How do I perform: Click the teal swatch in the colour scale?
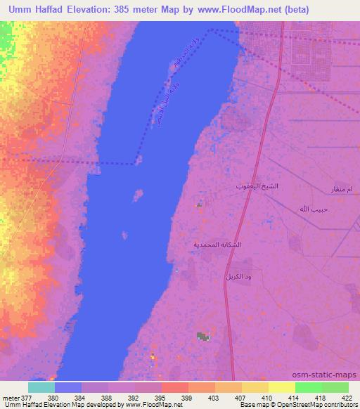(41, 387)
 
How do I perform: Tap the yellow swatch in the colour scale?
(281, 387)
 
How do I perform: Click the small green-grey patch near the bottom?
(202, 337)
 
